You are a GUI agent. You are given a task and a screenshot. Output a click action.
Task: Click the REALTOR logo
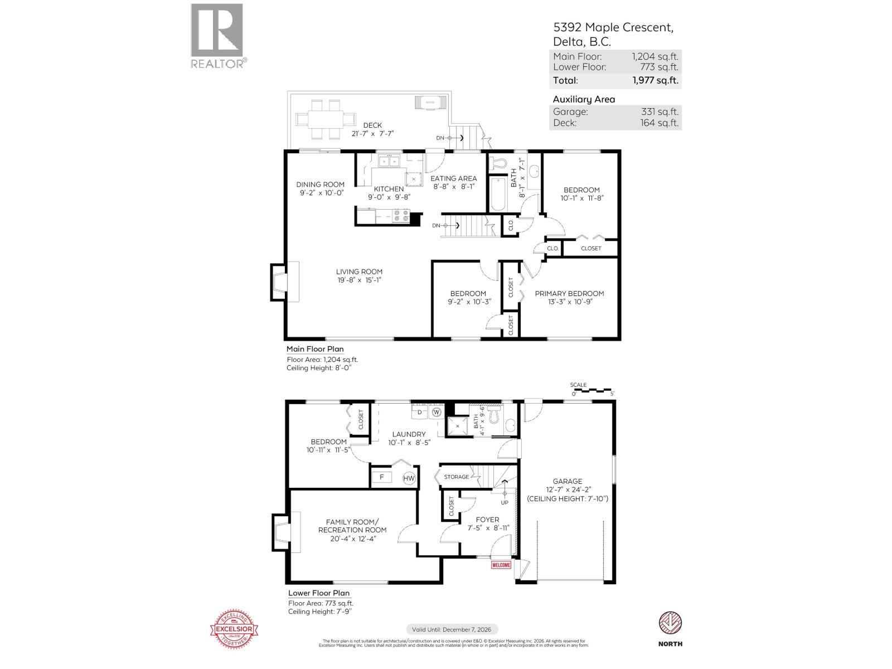pos(217,35)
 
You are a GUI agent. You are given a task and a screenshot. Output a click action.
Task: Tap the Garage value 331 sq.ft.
pos(660,111)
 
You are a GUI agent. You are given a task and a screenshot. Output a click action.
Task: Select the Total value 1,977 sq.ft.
pos(655,80)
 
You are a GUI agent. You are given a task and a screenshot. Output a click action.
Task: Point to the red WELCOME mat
pos(501,565)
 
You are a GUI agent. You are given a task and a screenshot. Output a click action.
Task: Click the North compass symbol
pos(671,622)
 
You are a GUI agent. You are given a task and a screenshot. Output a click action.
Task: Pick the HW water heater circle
pos(409,478)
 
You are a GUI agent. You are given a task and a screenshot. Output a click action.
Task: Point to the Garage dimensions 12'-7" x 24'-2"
pos(568,490)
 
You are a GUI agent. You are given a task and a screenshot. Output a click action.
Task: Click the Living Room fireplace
pos(279,282)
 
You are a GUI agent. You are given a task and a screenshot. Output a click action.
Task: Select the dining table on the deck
pos(326,118)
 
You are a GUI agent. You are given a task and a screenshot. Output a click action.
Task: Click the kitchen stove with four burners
pos(400,215)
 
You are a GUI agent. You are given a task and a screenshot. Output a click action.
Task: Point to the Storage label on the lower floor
pos(456,477)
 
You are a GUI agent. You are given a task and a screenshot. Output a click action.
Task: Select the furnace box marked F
pos(382,478)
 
